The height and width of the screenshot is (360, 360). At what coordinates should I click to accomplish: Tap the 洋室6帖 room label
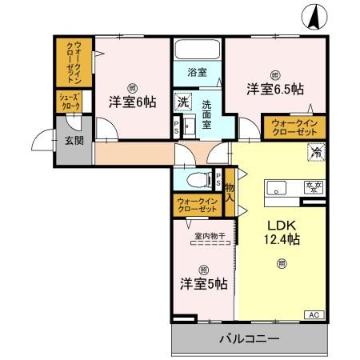click(x=132, y=102)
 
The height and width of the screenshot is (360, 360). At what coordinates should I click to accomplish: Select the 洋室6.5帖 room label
click(x=274, y=88)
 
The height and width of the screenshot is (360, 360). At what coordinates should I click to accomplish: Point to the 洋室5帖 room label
click(x=202, y=283)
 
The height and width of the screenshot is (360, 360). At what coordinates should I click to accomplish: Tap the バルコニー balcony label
click(x=250, y=339)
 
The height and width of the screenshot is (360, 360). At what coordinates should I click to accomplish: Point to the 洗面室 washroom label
click(x=207, y=109)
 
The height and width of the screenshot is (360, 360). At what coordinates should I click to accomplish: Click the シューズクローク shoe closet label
click(x=67, y=101)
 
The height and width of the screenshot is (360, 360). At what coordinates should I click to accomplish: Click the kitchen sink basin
click(x=277, y=188)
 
